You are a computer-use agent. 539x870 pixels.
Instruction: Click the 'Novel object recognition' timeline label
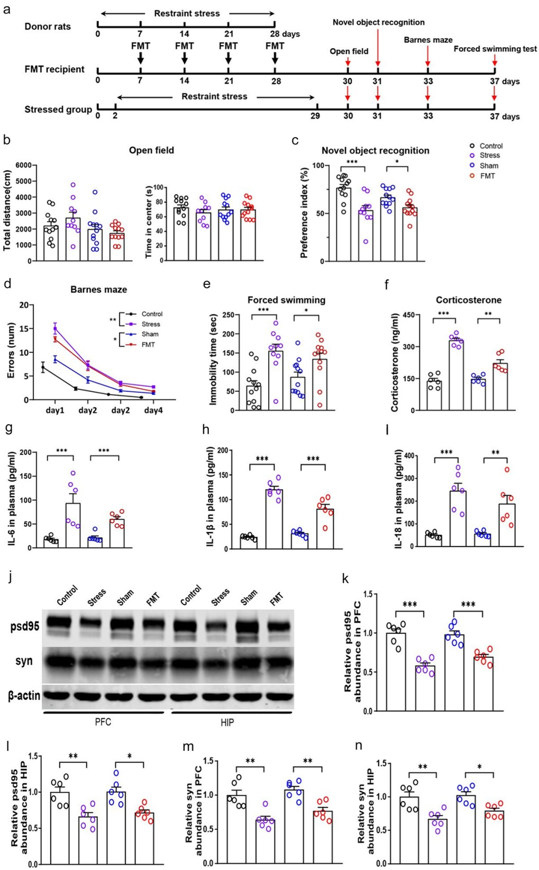click(x=378, y=22)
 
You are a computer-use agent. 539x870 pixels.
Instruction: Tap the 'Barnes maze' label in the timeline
click(x=428, y=40)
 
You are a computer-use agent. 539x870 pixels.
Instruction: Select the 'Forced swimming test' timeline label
click(x=495, y=49)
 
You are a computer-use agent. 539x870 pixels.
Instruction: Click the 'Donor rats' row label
click(x=48, y=26)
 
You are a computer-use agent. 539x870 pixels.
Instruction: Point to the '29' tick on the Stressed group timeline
click(x=315, y=116)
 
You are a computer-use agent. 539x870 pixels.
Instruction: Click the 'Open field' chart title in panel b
click(x=151, y=150)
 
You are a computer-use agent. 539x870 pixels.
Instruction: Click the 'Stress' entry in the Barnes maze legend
click(x=150, y=324)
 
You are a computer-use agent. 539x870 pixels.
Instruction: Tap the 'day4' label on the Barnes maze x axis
click(x=153, y=410)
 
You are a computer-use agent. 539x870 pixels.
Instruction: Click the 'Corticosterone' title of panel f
click(x=469, y=300)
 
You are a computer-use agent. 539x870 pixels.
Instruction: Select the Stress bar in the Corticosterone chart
click(x=456, y=375)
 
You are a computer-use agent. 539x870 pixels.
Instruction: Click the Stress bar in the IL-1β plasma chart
click(x=274, y=519)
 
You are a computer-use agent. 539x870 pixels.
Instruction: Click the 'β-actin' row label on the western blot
click(x=24, y=695)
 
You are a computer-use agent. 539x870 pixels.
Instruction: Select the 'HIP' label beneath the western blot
click(x=227, y=722)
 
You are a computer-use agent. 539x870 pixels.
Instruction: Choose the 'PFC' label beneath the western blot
click(x=103, y=722)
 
